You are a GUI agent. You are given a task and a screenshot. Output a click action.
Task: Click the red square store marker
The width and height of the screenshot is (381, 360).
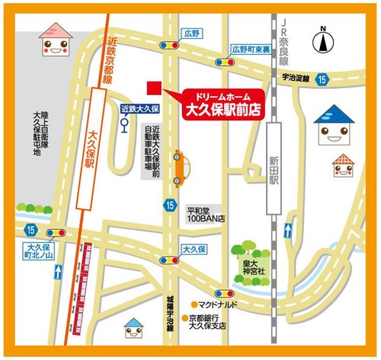[153, 86]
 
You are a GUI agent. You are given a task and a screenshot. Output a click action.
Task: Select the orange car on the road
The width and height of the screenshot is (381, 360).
[179, 167]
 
